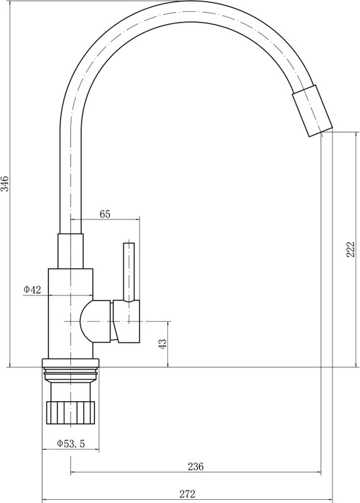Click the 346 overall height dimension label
click(6, 184)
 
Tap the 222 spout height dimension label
click(351, 249)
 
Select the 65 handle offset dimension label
click(105, 214)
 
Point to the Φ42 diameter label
click(33, 290)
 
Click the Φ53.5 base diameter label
click(71, 444)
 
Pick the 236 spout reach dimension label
click(196, 467)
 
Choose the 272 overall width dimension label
click(187, 494)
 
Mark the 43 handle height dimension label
click(163, 344)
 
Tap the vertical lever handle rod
click(129, 272)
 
